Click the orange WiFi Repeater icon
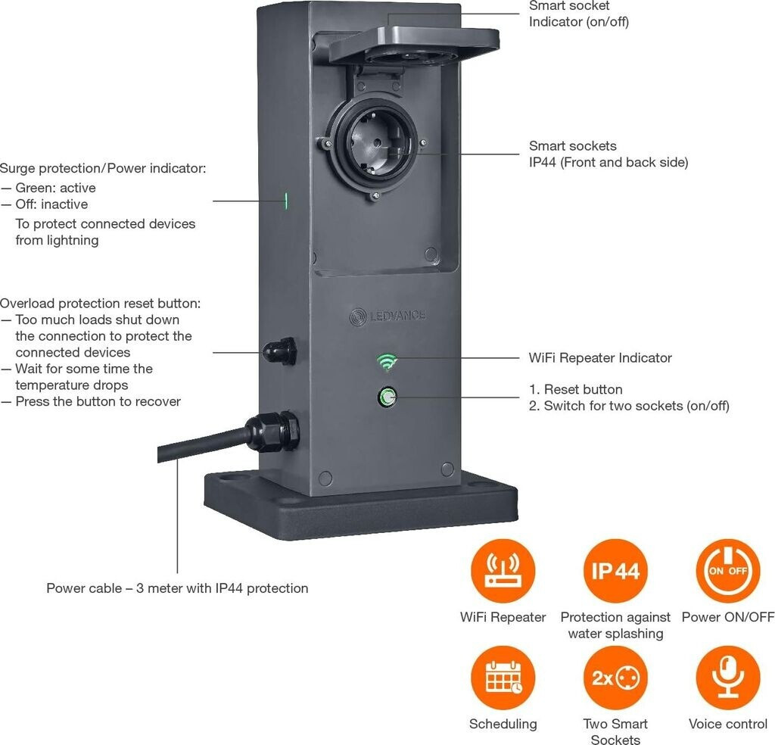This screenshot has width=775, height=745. [x=503, y=571]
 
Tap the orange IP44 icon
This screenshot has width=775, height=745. [x=615, y=571]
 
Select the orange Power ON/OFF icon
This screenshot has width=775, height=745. [x=727, y=571]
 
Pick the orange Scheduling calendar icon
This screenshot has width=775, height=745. [x=503, y=678]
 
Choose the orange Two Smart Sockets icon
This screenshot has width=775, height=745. [x=615, y=678]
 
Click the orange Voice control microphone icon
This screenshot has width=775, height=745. [x=727, y=678]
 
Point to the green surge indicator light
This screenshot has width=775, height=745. [x=286, y=201]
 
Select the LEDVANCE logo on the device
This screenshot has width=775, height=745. [x=387, y=316]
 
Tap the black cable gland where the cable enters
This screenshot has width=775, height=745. [x=272, y=432]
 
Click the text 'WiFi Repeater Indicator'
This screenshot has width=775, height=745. [x=600, y=357]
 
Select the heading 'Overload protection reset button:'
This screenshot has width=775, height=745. [x=100, y=303]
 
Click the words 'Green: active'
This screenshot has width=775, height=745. [x=55, y=188]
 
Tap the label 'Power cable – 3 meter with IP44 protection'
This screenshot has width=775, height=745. [x=177, y=588]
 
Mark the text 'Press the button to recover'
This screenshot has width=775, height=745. [x=98, y=401]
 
